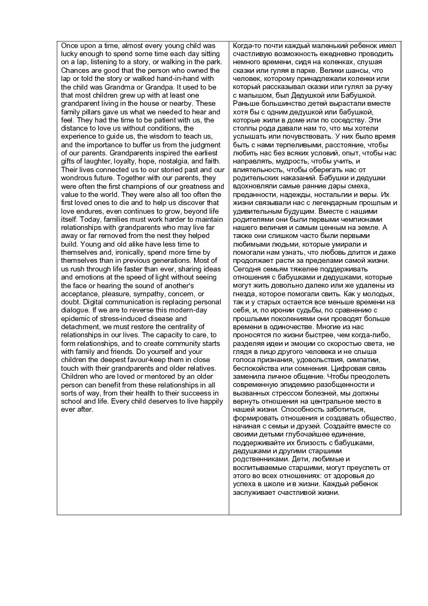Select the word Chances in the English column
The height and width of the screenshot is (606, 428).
(x=75, y=71)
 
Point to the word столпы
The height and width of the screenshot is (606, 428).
(x=245, y=128)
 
